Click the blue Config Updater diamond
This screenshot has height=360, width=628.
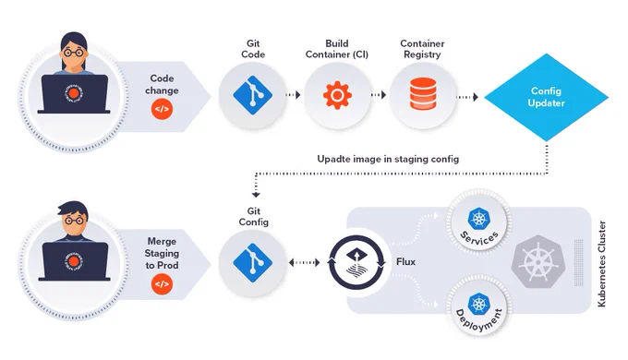click(547, 97)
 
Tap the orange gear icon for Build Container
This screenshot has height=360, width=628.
click(337, 95)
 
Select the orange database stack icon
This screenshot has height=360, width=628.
click(423, 94)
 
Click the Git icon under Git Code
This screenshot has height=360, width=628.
click(253, 95)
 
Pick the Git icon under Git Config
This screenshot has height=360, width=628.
click(253, 263)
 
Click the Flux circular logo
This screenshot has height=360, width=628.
click(356, 262)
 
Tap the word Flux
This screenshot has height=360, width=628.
click(405, 262)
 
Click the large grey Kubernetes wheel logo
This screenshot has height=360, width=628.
click(538, 262)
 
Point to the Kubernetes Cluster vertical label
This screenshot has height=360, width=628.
click(601, 264)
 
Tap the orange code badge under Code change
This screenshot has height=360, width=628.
click(162, 109)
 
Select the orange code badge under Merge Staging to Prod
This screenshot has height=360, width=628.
click(162, 284)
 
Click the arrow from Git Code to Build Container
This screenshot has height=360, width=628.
click(293, 95)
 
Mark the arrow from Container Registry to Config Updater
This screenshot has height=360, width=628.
click(467, 97)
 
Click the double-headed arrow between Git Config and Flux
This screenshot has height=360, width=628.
click(305, 263)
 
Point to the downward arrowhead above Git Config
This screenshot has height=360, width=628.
click(256, 195)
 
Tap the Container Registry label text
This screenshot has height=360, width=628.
click(422, 49)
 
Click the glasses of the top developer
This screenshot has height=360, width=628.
click(74, 52)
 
